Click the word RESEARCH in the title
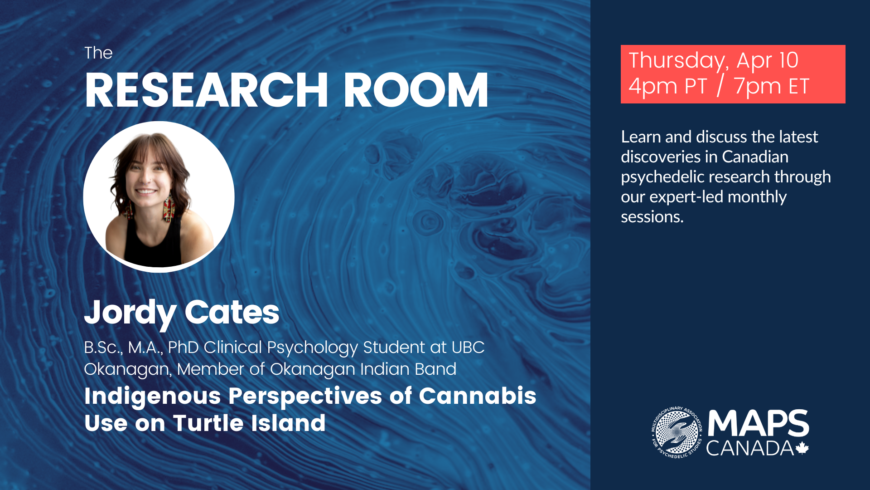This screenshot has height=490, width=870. [x=206, y=90]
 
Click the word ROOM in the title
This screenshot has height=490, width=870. [x=416, y=90]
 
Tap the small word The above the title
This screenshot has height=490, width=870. [x=98, y=53]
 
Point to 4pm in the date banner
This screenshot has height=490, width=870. [x=652, y=87]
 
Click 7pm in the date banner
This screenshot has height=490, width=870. [x=757, y=87]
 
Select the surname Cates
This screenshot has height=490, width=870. [x=232, y=312]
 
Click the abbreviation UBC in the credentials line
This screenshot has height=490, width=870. [x=468, y=348]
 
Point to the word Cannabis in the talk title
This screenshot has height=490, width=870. [x=478, y=396]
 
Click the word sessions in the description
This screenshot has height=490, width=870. [x=652, y=217]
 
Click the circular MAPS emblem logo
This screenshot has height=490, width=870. [x=677, y=432]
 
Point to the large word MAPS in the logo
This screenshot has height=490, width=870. [x=758, y=423]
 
